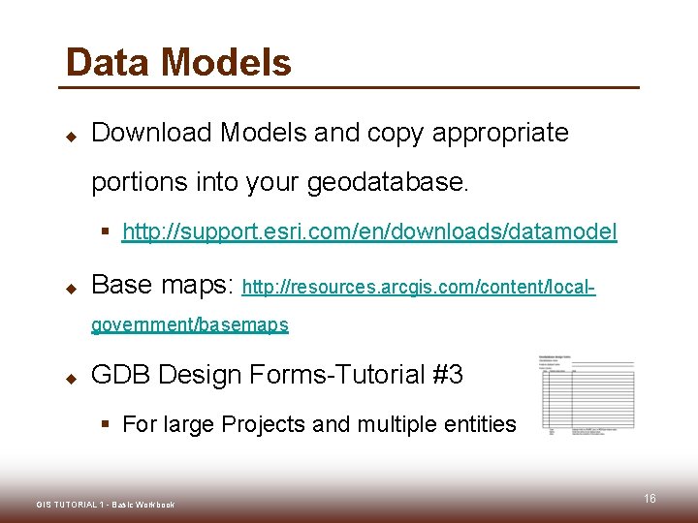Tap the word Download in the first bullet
tap(150, 133)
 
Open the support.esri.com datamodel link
tap(369, 232)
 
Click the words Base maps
tap(162, 285)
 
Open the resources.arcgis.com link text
tap(418, 288)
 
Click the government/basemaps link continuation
tap(190, 325)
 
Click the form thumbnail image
tap(587, 393)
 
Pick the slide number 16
tap(650, 498)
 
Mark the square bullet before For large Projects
tap(108, 425)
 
